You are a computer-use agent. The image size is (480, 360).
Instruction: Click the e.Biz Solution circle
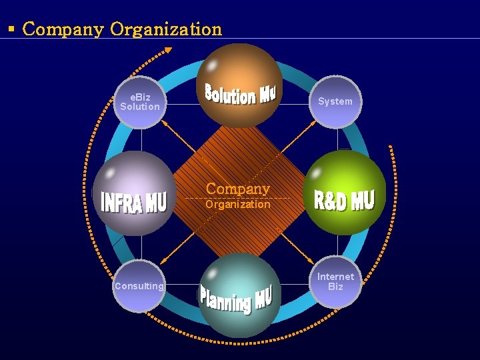[139, 102]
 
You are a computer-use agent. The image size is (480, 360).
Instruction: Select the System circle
[335, 101]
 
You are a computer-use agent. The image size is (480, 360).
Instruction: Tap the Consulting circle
[139, 286]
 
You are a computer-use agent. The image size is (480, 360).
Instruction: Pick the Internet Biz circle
[335, 281]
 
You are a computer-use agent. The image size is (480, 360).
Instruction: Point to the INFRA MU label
[133, 201]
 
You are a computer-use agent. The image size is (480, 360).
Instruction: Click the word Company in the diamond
[237, 189]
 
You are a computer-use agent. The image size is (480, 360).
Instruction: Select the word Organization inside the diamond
[238, 205]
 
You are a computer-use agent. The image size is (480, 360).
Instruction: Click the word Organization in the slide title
[166, 29]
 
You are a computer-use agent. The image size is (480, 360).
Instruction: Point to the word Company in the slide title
[63, 29]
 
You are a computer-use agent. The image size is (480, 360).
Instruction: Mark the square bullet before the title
[11, 29]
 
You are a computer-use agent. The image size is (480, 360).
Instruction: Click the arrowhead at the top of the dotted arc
[167, 50]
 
